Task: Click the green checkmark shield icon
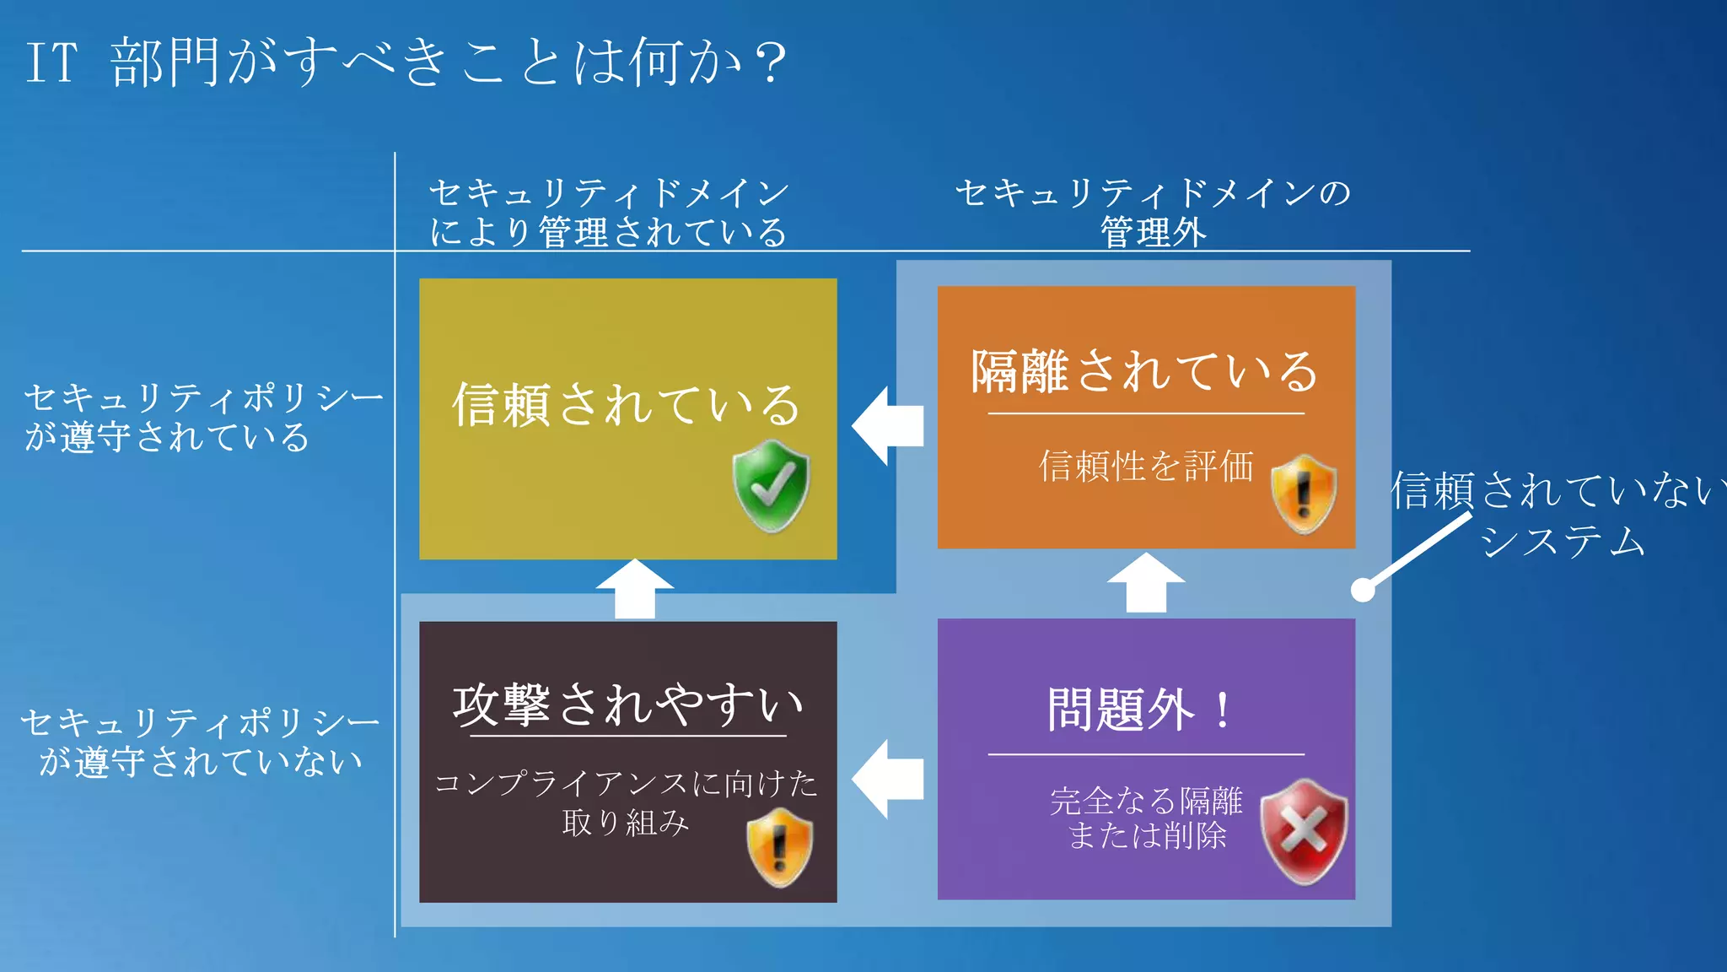coord(771,485)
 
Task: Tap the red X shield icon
coord(1304,831)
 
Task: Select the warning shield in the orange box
coord(1304,494)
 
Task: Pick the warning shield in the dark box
coord(780,846)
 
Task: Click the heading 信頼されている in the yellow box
coord(626,404)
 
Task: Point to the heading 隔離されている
coord(1144,371)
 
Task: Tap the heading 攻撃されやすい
coord(627,705)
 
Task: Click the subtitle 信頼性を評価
coord(1146,466)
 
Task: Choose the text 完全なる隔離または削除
coord(1146,818)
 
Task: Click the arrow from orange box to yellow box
coord(887,425)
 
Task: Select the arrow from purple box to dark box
coord(887,779)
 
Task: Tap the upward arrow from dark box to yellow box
coord(635,589)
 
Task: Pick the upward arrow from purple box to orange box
coord(1146,583)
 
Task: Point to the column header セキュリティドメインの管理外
coord(1153,212)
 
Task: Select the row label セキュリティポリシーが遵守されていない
coord(201,742)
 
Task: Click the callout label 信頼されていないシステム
coord(1556,514)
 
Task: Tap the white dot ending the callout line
coord(1363,590)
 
